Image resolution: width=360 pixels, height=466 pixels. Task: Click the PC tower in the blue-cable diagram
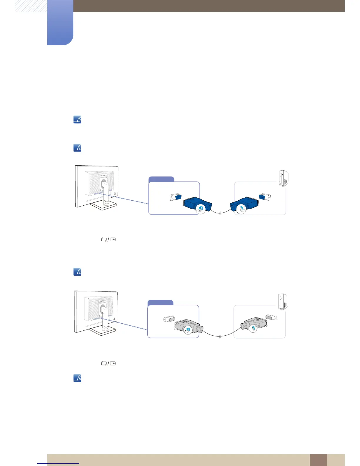[x=283, y=179]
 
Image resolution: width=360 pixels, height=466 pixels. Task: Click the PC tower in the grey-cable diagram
[x=283, y=302]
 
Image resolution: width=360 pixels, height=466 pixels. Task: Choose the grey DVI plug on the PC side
[x=254, y=325]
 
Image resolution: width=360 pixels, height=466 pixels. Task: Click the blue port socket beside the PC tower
[x=264, y=198]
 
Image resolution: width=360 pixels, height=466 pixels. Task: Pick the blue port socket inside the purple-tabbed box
[x=176, y=197]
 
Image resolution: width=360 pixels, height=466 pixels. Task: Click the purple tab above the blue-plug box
[x=161, y=179]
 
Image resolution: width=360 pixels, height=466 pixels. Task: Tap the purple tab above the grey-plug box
[x=160, y=302]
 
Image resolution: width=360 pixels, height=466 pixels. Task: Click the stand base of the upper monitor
[x=104, y=206]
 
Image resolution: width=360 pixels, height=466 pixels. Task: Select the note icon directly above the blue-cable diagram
[x=77, y=148]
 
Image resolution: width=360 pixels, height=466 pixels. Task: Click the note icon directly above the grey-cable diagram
[x=77, y=272]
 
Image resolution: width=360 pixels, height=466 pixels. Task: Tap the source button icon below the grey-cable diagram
[x=109, y=363]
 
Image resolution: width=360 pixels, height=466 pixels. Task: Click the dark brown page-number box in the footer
[x=318, y=460]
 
